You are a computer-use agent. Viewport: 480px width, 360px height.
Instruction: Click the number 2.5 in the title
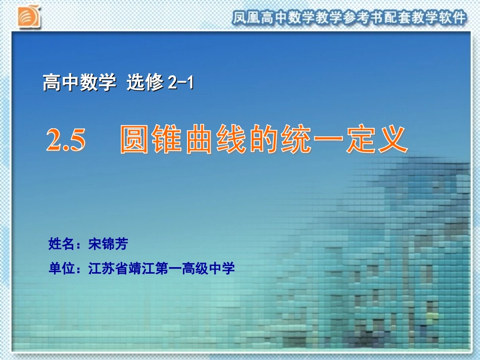pos(66,140)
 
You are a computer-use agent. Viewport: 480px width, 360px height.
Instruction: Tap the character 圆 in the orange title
pos(135,139)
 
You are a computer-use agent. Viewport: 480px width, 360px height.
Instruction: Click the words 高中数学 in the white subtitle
pos(79,82)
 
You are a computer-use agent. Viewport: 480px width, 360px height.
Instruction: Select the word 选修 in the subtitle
pos(145,82)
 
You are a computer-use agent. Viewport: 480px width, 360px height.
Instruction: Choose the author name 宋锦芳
pos(108,244)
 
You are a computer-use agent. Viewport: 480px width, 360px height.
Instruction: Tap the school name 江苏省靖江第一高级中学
pos(162,268)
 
